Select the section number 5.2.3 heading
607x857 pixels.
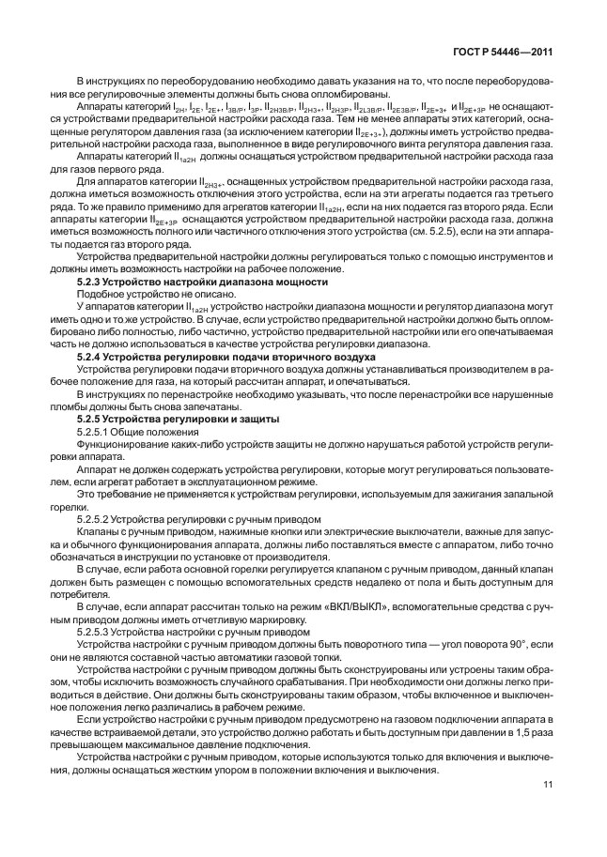(91, 280)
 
